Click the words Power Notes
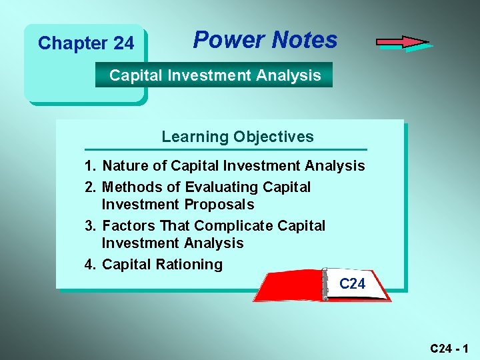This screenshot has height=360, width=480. tap(265, 40)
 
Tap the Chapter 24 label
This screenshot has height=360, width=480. tap(86, 43)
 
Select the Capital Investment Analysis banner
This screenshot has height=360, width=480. tap(215, 75)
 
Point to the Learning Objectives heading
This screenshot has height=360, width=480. tap(237, 137)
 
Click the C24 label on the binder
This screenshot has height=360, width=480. tap(352, 284)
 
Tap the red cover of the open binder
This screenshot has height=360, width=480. tap(287, 287)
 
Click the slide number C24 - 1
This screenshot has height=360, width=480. tap(449, 348)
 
